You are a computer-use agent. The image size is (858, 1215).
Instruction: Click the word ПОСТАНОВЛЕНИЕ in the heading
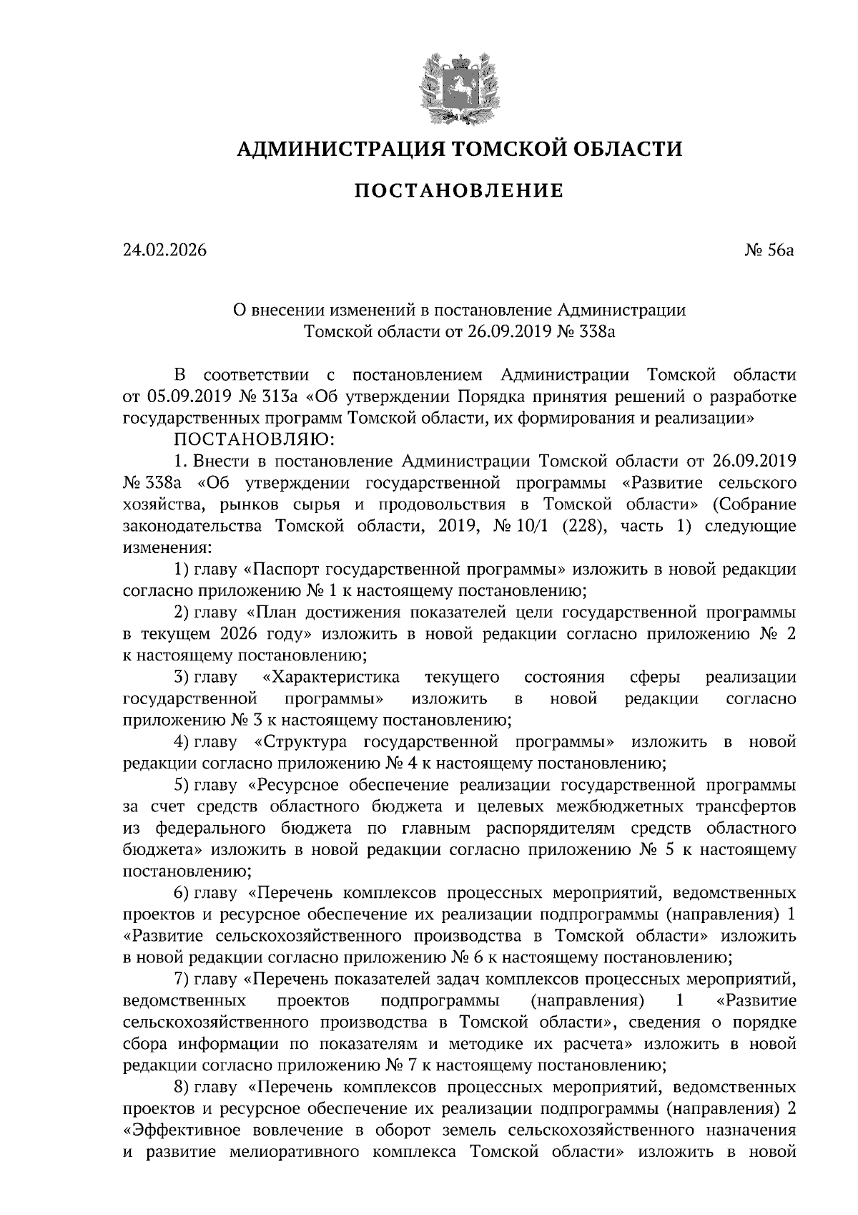pos(459,191)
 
